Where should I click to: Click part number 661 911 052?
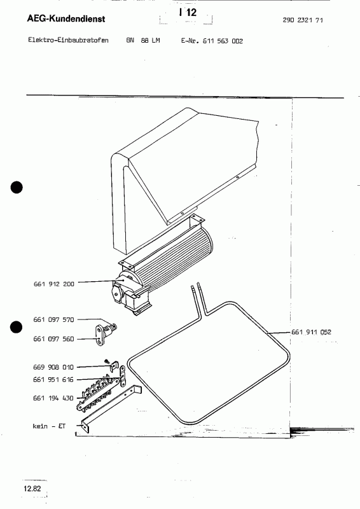point(312,332)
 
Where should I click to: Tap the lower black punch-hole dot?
point(17,327)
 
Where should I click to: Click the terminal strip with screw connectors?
point(99,393)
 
